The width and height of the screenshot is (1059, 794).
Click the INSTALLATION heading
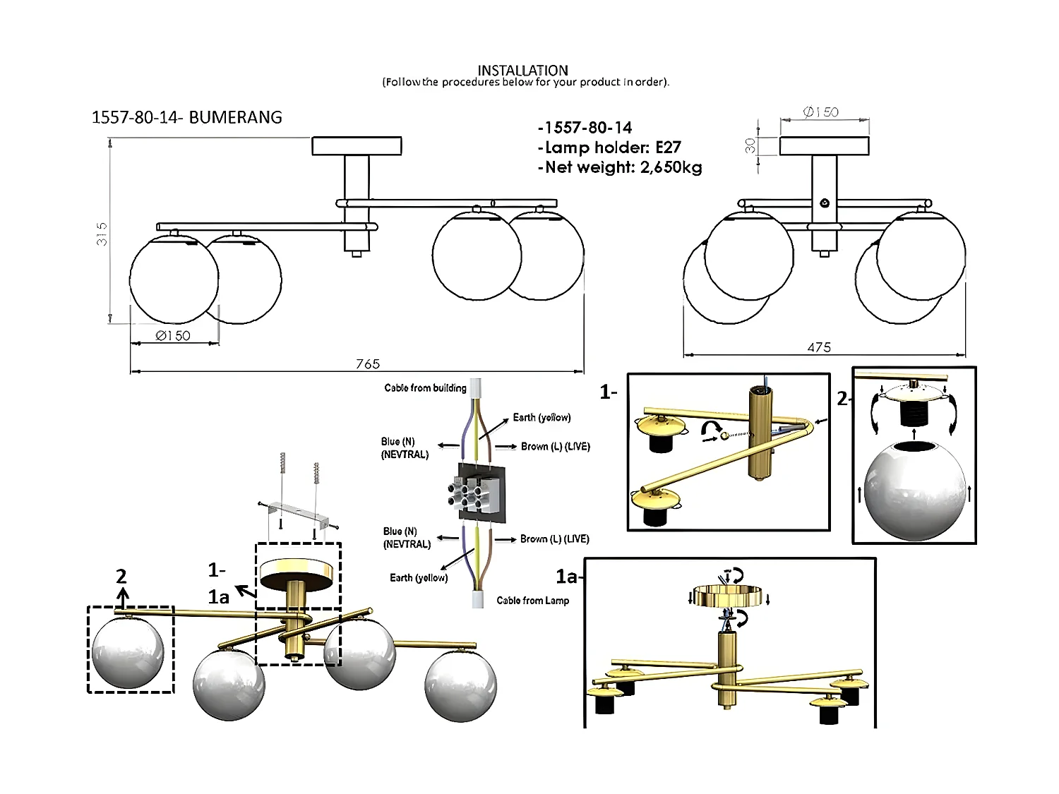coord(522,70)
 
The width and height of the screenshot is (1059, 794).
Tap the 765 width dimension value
coord(368,363)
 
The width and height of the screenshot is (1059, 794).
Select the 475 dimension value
coord(819,347)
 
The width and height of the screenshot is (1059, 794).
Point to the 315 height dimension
coord(102,234)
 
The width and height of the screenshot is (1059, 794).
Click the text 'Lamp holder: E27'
coord(609,148)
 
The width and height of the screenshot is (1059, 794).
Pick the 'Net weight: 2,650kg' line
coord(619,167)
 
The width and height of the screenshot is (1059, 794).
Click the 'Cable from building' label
coord(425,387)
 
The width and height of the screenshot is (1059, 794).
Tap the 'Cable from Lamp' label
coord(532,601)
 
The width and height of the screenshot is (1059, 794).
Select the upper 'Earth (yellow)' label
coord(542,417)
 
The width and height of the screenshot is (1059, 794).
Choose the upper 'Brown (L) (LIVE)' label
coord(555,446)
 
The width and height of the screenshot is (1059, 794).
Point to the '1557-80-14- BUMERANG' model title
coord(187,117)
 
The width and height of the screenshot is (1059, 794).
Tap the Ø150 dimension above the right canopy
coord(821,112)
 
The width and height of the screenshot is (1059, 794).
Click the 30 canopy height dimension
coord(750,145)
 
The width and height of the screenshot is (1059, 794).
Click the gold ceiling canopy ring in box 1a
coord(729,597)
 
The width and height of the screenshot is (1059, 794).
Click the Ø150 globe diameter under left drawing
coord(173,336)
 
